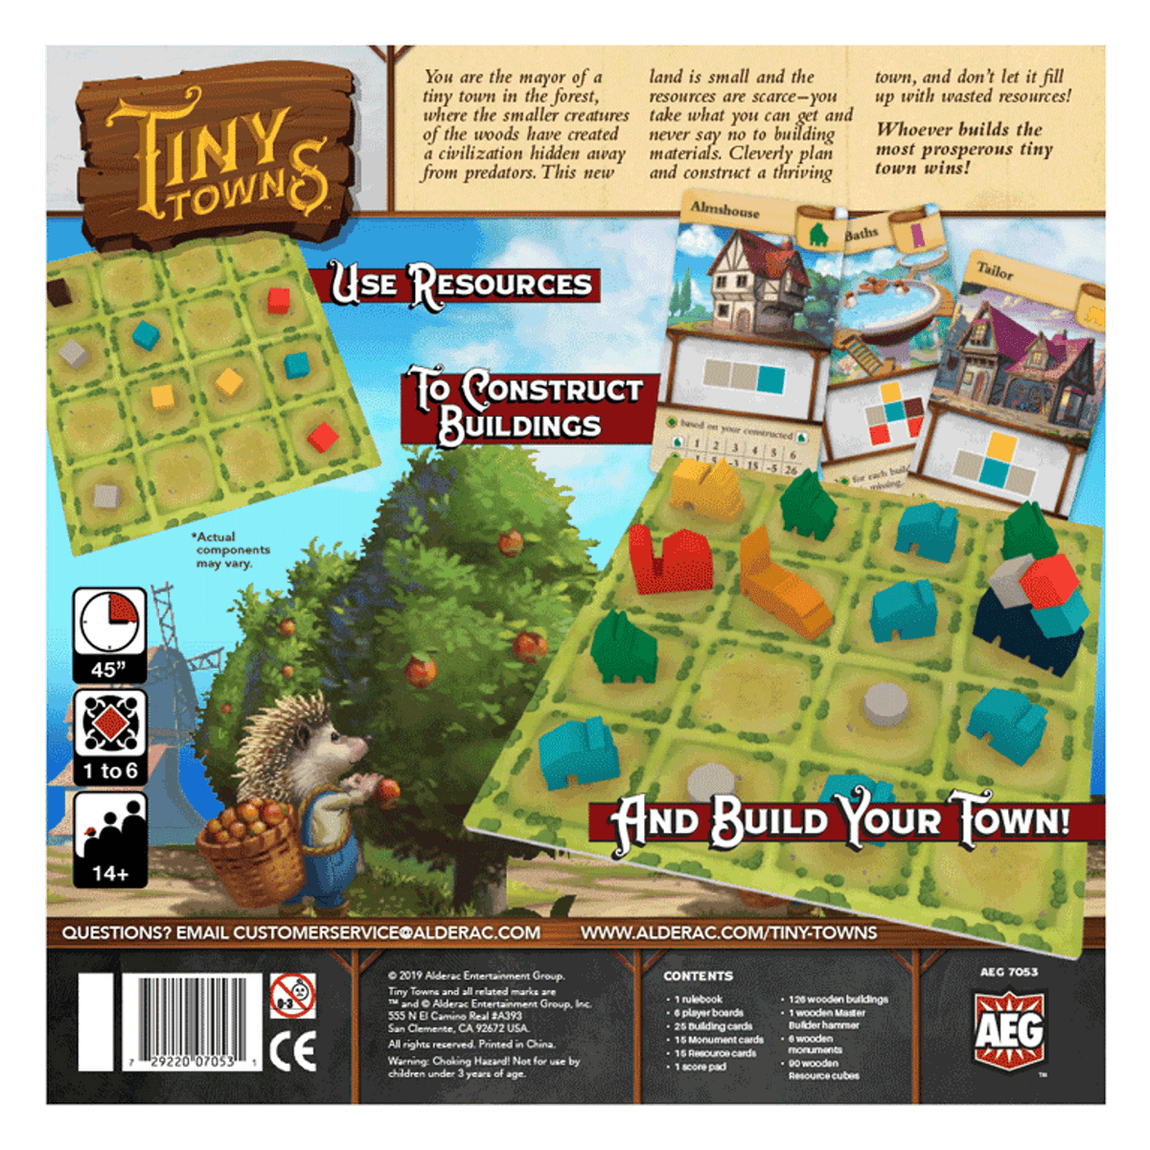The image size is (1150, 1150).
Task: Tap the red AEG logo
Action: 1008,1031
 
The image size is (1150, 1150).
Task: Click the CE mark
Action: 292,1052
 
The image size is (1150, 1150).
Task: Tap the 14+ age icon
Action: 110,839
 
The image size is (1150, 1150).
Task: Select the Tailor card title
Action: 995,271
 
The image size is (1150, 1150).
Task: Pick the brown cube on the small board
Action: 58,291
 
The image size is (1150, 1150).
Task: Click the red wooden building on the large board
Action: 668,561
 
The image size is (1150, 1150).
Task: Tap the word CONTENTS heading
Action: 698,976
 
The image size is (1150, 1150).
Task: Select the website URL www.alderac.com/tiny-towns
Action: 728,932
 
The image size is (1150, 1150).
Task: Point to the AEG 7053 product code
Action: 1008,972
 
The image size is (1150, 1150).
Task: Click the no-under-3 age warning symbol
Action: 292,996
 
